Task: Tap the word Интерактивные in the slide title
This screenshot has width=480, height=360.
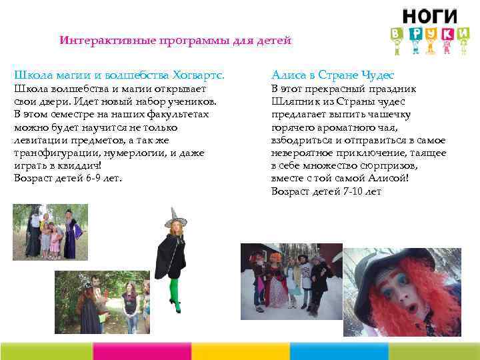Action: [97, 41]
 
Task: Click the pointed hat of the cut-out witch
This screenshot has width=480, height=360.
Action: [175, 215]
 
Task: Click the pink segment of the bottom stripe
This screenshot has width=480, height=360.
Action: [142, 351]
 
